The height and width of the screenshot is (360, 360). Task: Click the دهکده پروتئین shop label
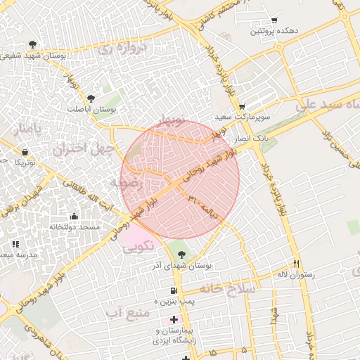pyautogui.click(x=278, y=32)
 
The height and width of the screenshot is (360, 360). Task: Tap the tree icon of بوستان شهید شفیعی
pyautogui.click(x=33, y=44)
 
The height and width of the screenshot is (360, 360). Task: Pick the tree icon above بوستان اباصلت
pyautogui.click(x=91, y=98)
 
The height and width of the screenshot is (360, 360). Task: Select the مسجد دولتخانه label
pyautogui.click(x=75, y=227)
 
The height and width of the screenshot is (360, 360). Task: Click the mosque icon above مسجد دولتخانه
pyautogui.click(x=75, y=216)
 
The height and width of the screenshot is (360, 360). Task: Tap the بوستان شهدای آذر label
pyautogui.click(x=182, y=266)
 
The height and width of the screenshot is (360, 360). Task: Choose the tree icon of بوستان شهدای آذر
pyautogui.click(x=182, y=255)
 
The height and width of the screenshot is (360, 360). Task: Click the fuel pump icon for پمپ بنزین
pyautogui.click(x=173, y=290)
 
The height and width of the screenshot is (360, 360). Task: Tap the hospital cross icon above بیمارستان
pyautogui.click(x=174, y=319)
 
